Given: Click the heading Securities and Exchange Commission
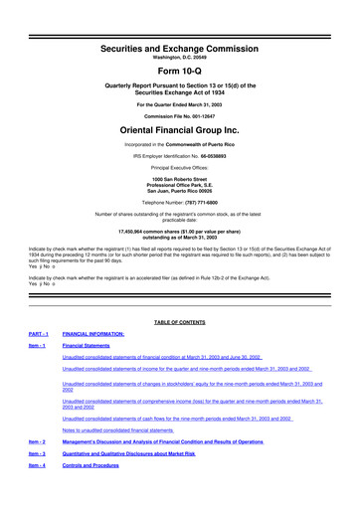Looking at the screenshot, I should pos(179,19).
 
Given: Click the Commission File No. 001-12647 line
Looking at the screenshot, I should pos(179,111).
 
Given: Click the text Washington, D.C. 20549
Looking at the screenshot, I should pos(179,31).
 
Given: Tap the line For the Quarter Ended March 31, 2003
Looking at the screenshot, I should pos(179,97).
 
